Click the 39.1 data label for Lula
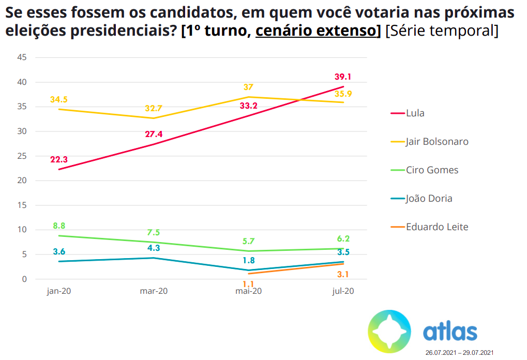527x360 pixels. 342,77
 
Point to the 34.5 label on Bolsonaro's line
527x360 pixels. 59,99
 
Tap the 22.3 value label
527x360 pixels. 59,160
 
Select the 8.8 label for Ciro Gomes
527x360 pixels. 59,226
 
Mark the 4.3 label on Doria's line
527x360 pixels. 154,248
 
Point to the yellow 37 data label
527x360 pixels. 248,87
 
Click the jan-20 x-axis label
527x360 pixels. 59,291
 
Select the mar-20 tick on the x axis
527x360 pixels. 154,291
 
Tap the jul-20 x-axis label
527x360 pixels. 343,291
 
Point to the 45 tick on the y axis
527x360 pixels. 22,57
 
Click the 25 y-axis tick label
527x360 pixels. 22,156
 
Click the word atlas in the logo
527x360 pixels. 449,331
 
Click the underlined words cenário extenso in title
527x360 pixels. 318,31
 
